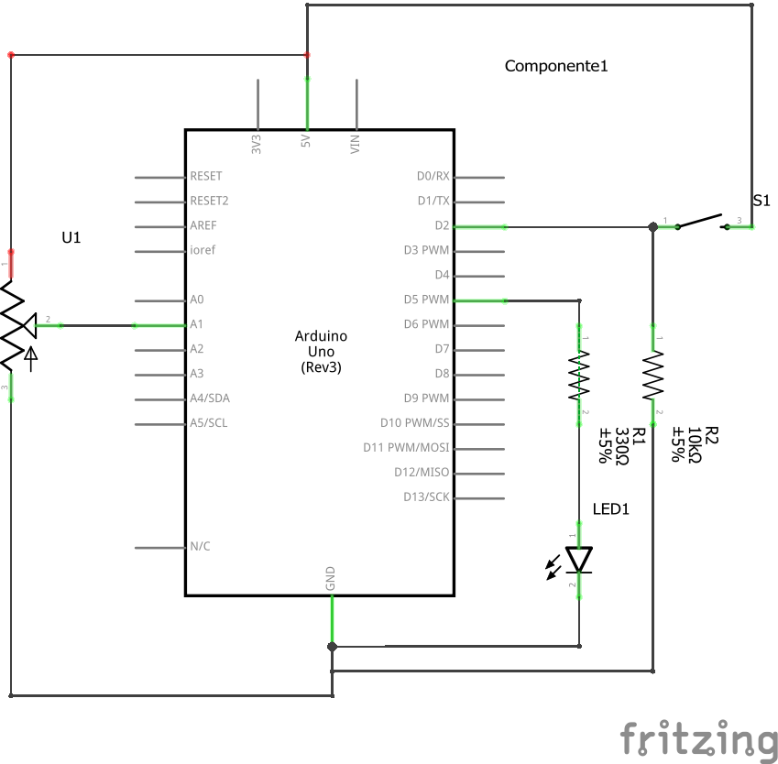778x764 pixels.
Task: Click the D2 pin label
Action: pyautogui.click(x=442, y=225)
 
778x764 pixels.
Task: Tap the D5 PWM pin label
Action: pyautogui.click(x=426, y=300)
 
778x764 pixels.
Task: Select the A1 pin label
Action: pyautogui.click(x=197, y=324)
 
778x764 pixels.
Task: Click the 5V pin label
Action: pyautogui.click(x=306, y=142)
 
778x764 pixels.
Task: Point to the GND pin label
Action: pyautogui.click(x=331, y=578)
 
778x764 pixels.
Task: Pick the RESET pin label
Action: pyautogui.click(x=206, y=176)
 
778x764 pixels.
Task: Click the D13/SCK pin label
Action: pyautogui.click(x=426, y=497)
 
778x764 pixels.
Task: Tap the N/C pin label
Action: pyautogui.click(x=200, y=547)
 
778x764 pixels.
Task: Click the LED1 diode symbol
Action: pyautogui.click(x=578, y=560)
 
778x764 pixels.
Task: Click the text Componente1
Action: pyautogui.click(x=556, y=66)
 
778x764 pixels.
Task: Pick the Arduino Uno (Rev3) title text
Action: pyautogui.click(x=320, y=351)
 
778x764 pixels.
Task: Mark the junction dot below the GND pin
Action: pyautogui.click(x=332, y=646)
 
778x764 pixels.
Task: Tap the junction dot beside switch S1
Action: pyautogui.click(x=652, y=226)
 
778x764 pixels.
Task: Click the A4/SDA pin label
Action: pyautogui.click(x=210, y=398)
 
